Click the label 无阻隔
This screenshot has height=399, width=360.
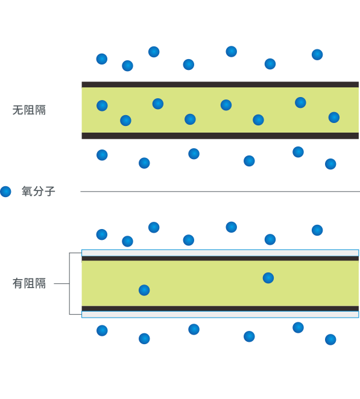click(29, 110)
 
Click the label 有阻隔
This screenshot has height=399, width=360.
click(29, 283)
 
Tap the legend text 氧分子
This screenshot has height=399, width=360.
click(38, 191)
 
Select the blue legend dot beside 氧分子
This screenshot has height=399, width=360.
click(5, 191)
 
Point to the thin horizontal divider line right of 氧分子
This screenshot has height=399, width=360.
click(220, 191)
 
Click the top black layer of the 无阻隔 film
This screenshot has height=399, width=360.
click(220, 84)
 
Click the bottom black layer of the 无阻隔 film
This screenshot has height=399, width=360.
click(220, 136)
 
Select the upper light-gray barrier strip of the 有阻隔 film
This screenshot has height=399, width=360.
click(220, 253)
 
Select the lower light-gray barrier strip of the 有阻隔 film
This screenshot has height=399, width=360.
click(220, 315)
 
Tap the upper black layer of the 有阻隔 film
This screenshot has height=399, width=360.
click(220, 259)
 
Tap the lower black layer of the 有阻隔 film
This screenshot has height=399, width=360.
click(220, 309)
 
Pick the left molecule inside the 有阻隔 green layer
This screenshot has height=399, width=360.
click(144, 290)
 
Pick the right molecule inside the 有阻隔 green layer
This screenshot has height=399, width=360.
click(268, 278)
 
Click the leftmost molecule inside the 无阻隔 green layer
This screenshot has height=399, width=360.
click(102, 105)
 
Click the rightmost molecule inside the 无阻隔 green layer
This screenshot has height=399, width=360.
click(334, 118)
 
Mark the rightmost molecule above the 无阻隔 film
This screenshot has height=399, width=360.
click(317, 54)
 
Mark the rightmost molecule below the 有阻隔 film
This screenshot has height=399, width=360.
click(330, 339)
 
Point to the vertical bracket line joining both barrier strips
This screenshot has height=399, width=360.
click(69, 283)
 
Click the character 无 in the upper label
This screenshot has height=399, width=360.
click(18, 110)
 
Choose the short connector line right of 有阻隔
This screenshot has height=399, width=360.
click(62, 283)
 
